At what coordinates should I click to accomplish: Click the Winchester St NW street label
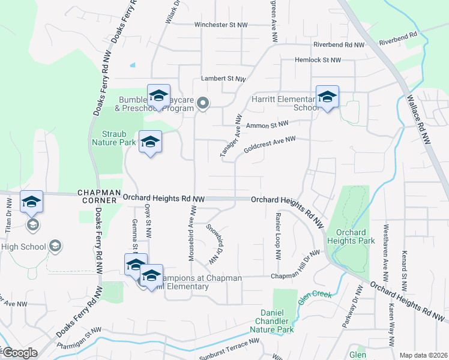221,25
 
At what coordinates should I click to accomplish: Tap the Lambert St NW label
224,79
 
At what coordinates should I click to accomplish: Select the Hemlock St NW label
318,60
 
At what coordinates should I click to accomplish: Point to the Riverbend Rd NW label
339,45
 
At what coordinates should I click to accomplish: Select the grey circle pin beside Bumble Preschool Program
203,104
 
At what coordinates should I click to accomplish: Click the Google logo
20,353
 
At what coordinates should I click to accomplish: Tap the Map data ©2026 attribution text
423,355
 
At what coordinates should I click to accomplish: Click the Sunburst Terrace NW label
230,342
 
